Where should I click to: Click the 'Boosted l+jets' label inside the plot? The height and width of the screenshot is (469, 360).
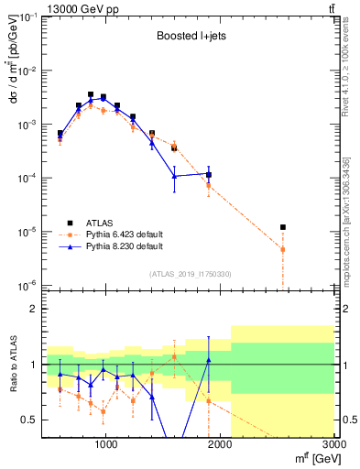(x=187, y=38)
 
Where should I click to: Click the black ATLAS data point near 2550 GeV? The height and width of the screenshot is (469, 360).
(x=283, y=227)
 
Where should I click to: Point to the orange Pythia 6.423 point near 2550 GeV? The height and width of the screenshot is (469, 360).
(x=283, y=249)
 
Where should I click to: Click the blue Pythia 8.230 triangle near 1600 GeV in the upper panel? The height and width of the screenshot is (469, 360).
(x=174, y=176)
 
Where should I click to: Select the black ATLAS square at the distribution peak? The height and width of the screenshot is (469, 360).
(x=91, y=94)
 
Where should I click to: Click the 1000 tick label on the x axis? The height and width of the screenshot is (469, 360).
(x=105, y=445)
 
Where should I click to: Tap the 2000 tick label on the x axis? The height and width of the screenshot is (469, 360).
(x=220, y=445)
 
